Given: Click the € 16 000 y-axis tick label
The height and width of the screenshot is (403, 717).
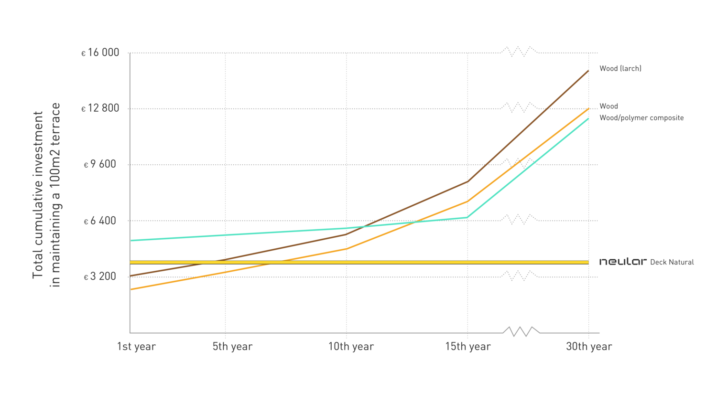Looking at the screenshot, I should coord(100,53).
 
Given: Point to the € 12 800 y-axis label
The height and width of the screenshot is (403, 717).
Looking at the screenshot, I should coord(100,108).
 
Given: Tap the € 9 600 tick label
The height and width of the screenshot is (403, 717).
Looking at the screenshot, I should coord(100,165).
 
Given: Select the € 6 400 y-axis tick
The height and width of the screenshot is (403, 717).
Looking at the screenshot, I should coord(100,221).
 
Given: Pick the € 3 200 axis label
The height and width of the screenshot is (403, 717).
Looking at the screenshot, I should coord(100,276).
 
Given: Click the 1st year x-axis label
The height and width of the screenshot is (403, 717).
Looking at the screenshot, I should coord(136,347).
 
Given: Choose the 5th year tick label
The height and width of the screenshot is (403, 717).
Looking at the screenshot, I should coord(232,347).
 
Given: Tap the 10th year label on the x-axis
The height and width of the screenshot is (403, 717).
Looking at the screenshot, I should coord(350,347).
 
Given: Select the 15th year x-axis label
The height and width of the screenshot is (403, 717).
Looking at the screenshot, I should coord(468,347).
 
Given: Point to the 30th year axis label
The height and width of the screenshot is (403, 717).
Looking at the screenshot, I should coord(589,347).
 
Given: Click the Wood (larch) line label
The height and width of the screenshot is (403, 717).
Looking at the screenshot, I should coord(620,68).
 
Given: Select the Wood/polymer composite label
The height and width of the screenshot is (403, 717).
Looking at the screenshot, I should coord(641,117).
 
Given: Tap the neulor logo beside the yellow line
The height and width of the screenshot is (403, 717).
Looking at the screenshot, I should coord(623,262).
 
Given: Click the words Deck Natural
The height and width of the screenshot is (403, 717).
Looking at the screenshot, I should coord(672,262).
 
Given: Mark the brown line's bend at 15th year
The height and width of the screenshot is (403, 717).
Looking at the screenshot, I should coord(467,181).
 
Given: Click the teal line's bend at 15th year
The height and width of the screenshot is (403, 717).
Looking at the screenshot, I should coord(467,217).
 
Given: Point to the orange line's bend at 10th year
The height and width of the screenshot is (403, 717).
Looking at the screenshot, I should coord(347,249).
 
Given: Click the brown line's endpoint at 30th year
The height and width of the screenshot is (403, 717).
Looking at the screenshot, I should coord(588,70).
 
